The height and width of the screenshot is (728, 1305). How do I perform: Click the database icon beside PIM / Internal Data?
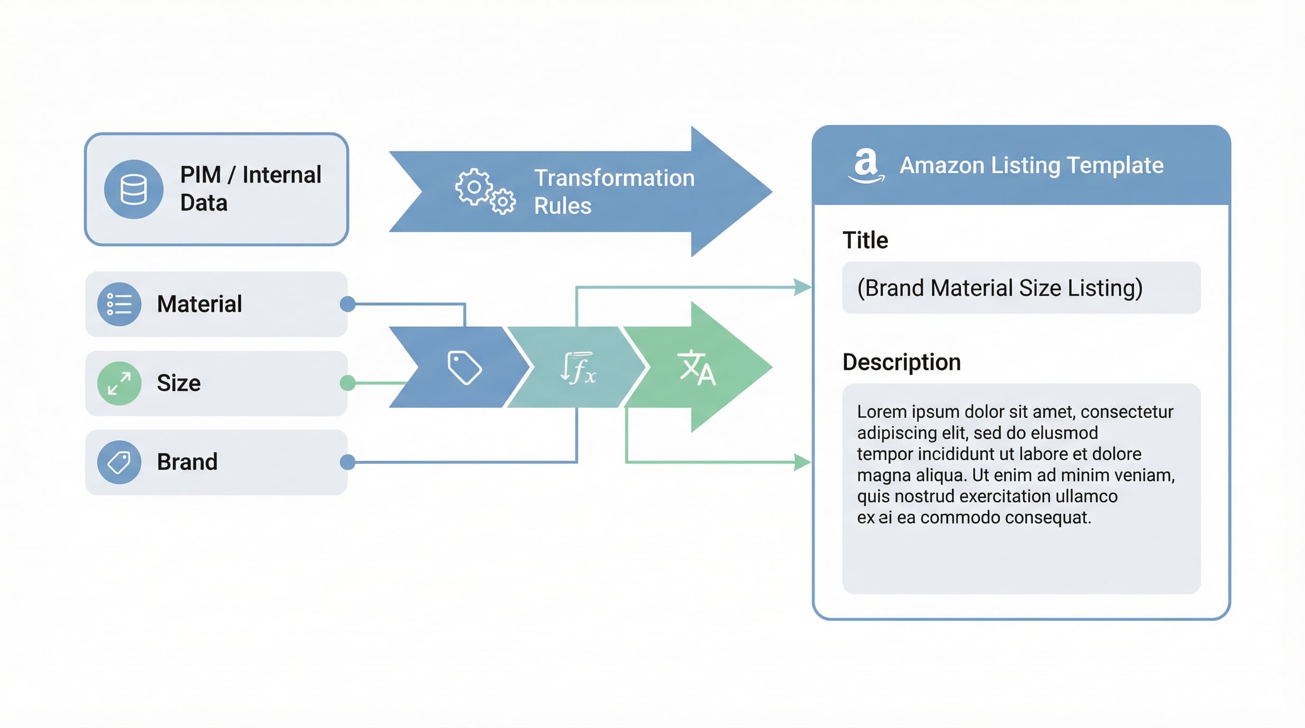[133, 189]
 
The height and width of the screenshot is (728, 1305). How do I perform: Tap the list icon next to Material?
[119, 304]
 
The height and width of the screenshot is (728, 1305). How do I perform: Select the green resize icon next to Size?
[119, 383]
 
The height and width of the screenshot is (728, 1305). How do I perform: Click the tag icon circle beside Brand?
[119, 462]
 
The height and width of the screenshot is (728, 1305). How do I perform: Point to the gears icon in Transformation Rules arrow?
[484, 192]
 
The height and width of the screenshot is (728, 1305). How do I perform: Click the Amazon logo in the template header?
[866, 165]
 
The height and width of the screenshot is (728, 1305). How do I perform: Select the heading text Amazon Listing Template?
[1031, 165]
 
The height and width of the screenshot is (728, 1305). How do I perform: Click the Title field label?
[865, 240]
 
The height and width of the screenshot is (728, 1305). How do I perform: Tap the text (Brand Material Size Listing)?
[999, 288]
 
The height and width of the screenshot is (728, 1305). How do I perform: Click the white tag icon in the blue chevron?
[464, 367]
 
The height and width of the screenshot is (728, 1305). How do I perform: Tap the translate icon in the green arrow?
[697, 367]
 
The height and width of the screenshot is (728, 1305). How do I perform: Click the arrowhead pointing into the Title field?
[803, 287]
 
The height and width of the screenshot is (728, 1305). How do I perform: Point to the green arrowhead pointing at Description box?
[802, 462]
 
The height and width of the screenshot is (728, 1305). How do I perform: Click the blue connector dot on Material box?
[348, 304]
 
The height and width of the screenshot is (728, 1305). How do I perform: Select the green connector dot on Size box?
[348, 383]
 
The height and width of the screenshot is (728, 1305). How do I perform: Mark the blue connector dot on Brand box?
[348, 462]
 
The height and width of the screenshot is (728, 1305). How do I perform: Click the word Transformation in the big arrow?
[614, 178]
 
